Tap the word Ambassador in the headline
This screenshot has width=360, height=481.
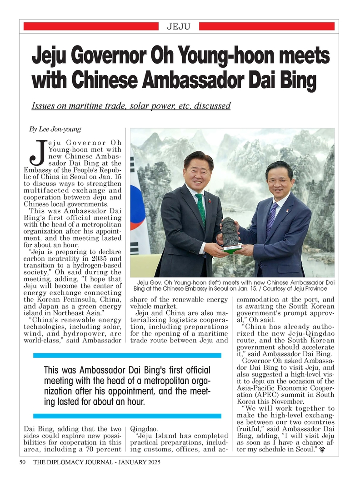pos(199,80)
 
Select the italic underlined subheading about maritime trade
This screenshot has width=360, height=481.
pos(131,106)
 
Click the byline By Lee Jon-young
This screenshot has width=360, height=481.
pos(55,129)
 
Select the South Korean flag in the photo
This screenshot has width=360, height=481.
pos(138,209)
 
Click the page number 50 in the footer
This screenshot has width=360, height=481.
pos(22,462)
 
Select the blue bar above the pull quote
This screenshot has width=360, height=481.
pos(127,355)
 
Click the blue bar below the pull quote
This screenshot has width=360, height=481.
pos(127,416)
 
